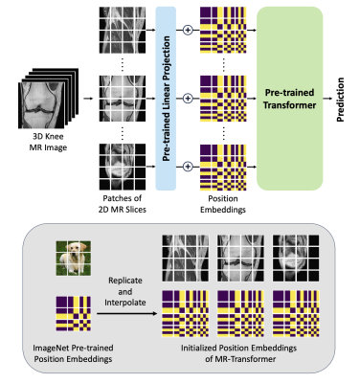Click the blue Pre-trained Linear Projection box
tap(166, 99)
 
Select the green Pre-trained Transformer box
tap(290, 99)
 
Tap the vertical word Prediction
tap(340, 100)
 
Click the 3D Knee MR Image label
tap(48, 142)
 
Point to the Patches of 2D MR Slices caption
tap(123, 204)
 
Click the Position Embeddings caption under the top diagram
tap(223, 204)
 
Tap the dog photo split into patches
tap(74, 259)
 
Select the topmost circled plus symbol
tap(188, 30)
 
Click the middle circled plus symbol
tap(188, 99)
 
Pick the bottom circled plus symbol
tap(188, 167)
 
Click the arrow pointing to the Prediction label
tap(327, 99)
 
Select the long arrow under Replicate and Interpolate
tap(127, 314)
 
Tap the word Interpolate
tap(125, 303)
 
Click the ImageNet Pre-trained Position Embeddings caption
tap(73, 353)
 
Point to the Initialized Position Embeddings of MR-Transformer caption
tap(239, 353)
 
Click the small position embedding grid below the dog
tap(74, 314)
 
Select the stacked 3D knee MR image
tap(48, 99)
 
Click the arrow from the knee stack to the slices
tap(88, 99)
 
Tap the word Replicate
tap(125, 281)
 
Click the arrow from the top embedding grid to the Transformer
tap(252, 31)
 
